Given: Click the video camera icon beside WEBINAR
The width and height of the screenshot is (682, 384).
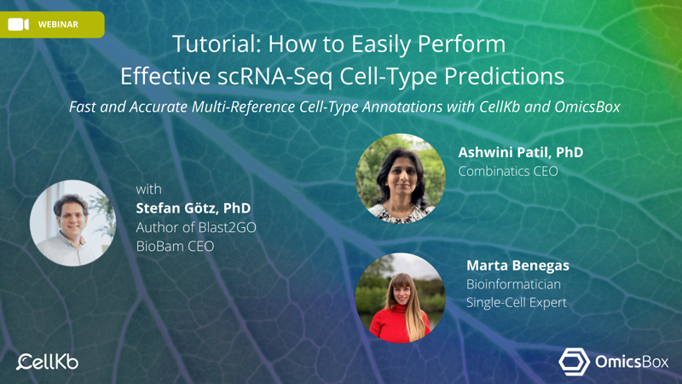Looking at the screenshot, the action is [18, 25].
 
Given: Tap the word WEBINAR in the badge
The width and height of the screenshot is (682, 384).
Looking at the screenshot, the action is [58, 25].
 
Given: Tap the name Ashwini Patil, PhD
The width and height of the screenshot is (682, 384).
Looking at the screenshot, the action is [521, 153].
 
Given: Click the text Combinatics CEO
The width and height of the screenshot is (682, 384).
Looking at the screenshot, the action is [508, 172].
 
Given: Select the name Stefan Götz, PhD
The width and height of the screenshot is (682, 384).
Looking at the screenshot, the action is [194, 208].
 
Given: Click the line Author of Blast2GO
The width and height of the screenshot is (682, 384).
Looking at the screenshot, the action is [196, 227].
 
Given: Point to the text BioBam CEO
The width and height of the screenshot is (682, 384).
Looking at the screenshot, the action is [176, 247].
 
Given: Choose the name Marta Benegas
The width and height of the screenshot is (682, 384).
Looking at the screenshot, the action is [517, 265].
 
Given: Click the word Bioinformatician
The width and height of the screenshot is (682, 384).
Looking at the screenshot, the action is [513, 284].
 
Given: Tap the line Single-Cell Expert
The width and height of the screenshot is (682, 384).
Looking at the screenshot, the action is [517, 303].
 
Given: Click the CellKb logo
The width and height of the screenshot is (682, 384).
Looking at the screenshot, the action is [48, 362].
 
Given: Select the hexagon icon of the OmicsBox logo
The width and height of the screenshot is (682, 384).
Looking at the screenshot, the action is [574, 362].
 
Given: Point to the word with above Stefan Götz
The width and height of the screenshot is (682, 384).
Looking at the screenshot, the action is [148, 189].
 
